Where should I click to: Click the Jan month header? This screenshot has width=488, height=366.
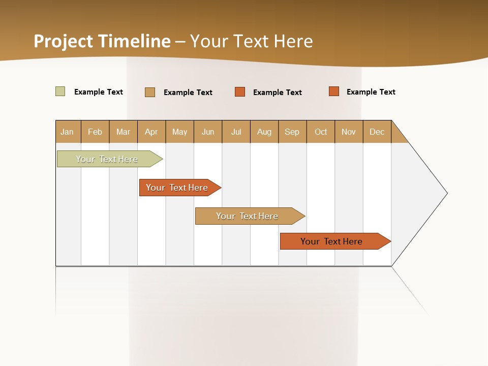[x=68, y=132]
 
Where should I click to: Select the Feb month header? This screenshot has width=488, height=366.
[x=95, y=132]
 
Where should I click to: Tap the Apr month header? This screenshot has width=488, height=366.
[x=151, y=132]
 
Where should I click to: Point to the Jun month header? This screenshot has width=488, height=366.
[x=208, y=132]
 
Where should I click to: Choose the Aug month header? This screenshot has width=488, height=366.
[x=264, y=132]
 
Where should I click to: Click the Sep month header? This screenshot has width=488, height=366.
[x=292, y=132]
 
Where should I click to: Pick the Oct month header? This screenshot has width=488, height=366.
[x=321, y=132]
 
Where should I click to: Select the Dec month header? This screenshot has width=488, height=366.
[x=377, y=132]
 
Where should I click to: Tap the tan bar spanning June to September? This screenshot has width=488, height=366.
[x=248, y=216]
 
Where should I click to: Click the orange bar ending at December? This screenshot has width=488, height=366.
[x=332, y=241]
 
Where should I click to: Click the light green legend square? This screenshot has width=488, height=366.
[x=60, y=91]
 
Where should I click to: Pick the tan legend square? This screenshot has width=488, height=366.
[x=150, y=92]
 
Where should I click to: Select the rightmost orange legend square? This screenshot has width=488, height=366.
[x=334, y=91]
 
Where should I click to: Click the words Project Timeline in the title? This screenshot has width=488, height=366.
[x=102, y=41]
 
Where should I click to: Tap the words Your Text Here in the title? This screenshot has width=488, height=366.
[x=251, y=41]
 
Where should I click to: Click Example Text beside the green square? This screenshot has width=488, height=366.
[x=99, y=92]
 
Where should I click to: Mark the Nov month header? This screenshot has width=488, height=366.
[x=349, y=132]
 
